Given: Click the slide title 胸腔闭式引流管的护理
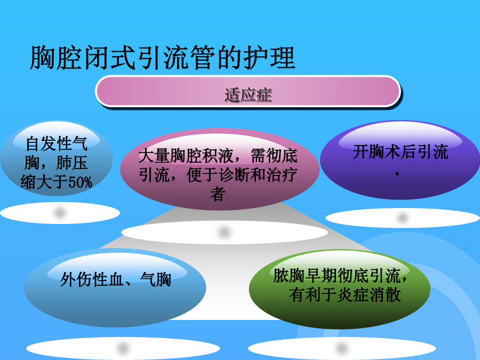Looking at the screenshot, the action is tap(163, 58).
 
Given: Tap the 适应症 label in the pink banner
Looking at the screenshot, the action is tap(248, 94).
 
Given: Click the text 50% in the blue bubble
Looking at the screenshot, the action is tap(80, 182).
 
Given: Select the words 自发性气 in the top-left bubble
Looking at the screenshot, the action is tap(57, 143).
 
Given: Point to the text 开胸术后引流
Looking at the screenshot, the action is tap(401, 152).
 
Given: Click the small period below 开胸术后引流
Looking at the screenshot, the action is tap(397, 173).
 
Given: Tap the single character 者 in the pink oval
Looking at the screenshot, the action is tap(218, 194).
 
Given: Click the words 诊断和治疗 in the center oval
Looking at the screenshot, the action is tap(258, 175).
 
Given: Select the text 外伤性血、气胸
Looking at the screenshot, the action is tap(115, 279).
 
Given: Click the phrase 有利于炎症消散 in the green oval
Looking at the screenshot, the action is tap(345, 295).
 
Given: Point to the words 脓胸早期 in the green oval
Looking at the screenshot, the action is tap(305, 276).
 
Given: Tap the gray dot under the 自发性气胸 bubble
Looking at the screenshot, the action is tap(60, 212).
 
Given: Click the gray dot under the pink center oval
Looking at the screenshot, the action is tap(224, 232).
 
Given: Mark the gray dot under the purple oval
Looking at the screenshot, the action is tap(402, 218).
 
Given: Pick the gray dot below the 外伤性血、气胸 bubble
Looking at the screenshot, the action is tap(123, 348).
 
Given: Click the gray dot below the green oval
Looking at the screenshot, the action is tap(341, 348).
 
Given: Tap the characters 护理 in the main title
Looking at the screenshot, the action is tap(269, 58).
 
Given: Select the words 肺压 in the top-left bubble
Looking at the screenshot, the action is tap(72, 163).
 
